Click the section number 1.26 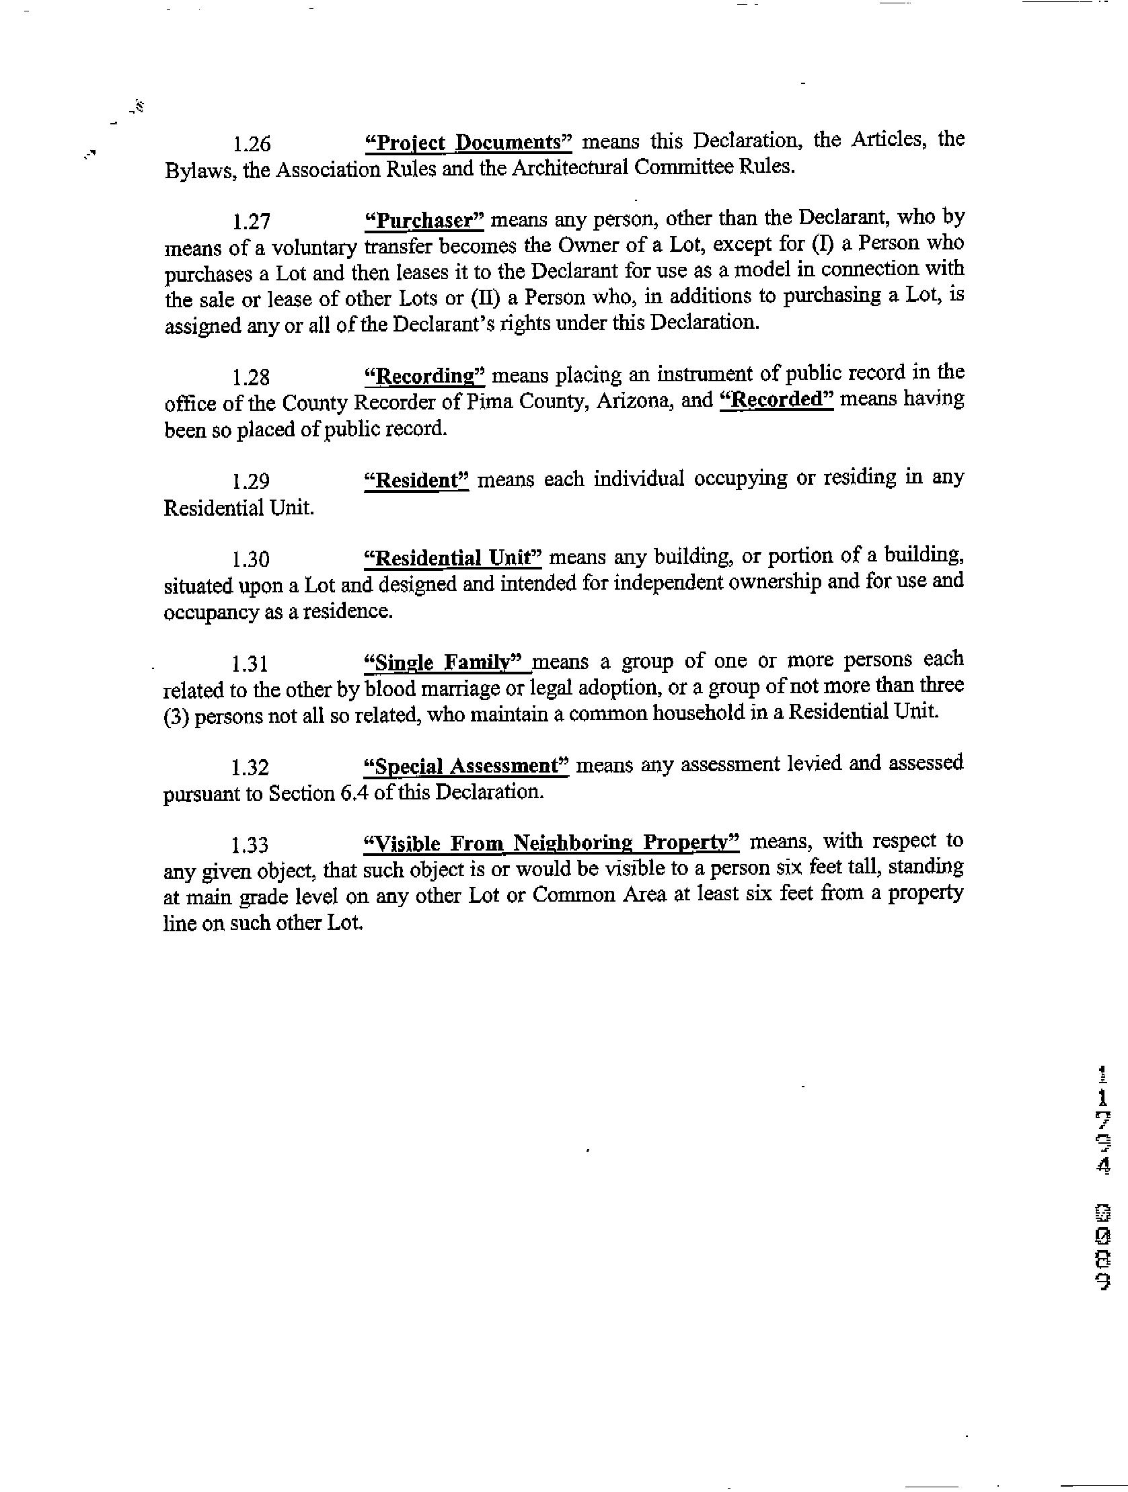pos(251,145)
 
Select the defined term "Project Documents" pos(467,143)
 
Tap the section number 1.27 pos(251,222)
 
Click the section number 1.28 pos(251,377)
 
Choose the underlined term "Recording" pos(424,376)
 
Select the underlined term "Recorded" pos(776,400)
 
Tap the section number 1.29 pos(251,481)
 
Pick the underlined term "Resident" pos(416,481)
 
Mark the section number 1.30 pos(251,560)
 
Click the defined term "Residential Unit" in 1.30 pos(453,559)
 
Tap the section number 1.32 pos(250,769)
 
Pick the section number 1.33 pos(250,846)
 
